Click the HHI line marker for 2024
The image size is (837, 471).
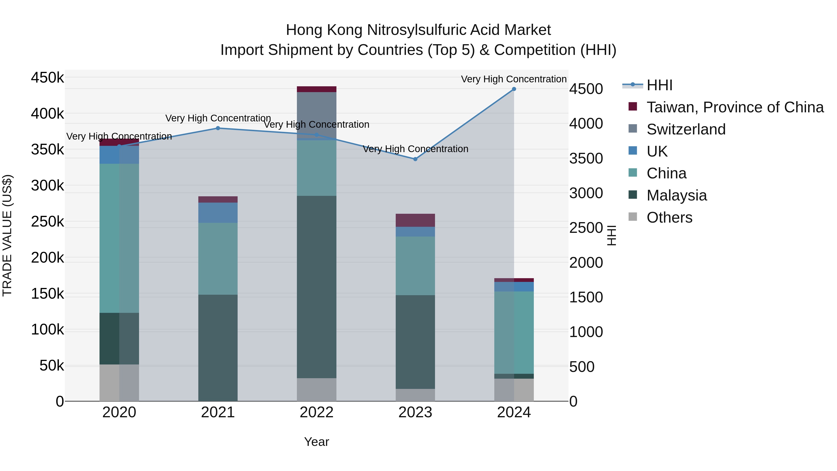click(514, 89)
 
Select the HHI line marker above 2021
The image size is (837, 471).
click(218, 128)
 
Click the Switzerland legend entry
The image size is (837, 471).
click(686, 129)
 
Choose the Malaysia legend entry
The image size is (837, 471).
click(677, 195)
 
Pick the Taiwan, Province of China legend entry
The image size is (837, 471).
click(735, 107)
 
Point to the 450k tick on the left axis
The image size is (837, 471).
click(47, 78)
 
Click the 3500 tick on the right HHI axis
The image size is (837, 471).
click(586, 159)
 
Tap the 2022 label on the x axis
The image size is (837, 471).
click(316, 412)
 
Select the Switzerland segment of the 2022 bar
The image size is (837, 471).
click(316, 115)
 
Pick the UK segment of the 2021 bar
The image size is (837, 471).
click(218, 213)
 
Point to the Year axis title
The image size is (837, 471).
click(316, 442)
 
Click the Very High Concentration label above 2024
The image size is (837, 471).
click(513, 79)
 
